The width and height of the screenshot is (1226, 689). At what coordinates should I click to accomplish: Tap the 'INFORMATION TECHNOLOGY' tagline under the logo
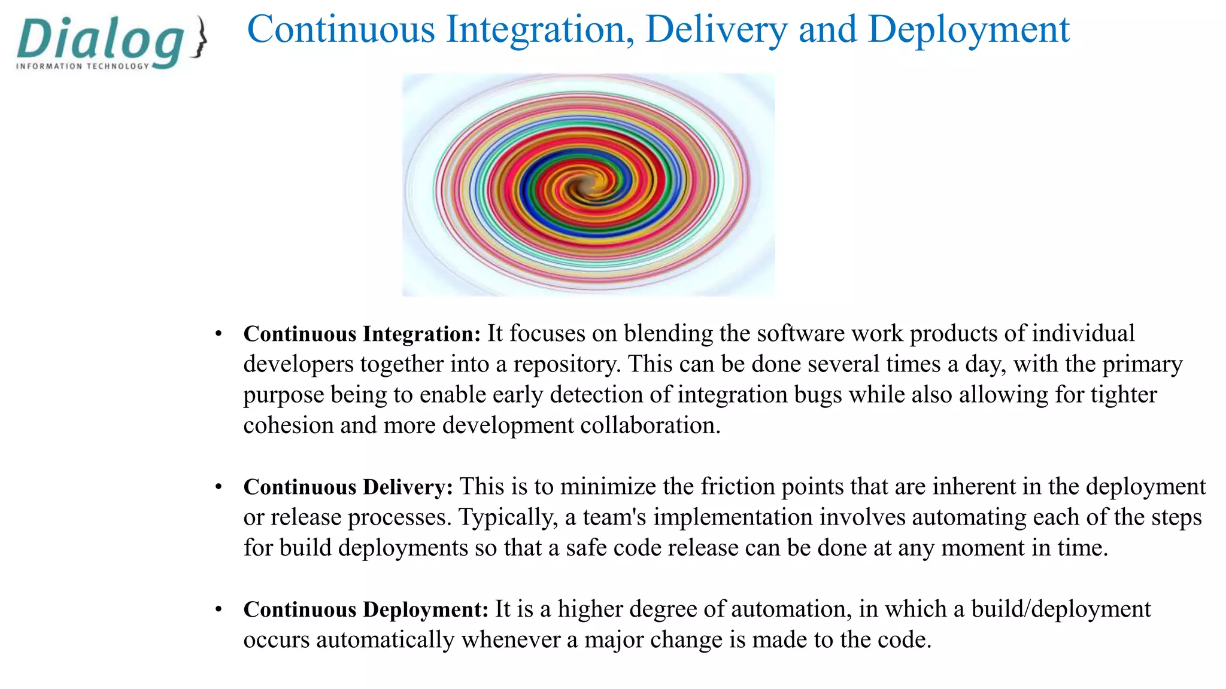[x=83, y=66]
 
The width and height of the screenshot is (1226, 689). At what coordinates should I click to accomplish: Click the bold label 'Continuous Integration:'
[x=362, y=334]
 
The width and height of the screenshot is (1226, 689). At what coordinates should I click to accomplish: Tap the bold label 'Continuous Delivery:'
[x=348, y=487]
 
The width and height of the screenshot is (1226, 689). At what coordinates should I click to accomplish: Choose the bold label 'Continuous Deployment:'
[x=366, y=609]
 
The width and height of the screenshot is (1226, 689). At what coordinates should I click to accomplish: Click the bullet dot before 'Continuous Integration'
[x=219, y=334]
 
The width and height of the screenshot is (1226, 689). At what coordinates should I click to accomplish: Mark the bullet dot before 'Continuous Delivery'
[x=219, y=487]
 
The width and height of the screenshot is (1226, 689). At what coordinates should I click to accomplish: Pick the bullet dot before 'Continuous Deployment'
[x=219, y=609]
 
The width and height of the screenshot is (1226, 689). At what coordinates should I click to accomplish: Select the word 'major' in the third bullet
[x=614, y=640]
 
